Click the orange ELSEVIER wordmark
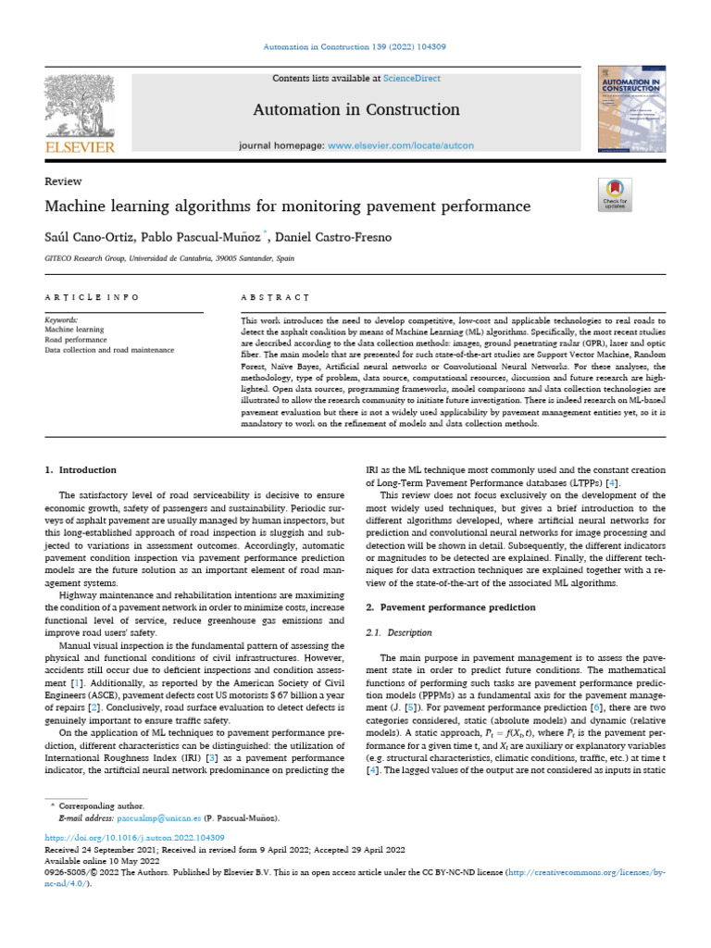(80, 146)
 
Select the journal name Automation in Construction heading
(355, 110)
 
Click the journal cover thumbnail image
(632, 109)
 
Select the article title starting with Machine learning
(288, 206)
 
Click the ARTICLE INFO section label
(92, 297)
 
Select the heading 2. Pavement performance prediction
(451, 607)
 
